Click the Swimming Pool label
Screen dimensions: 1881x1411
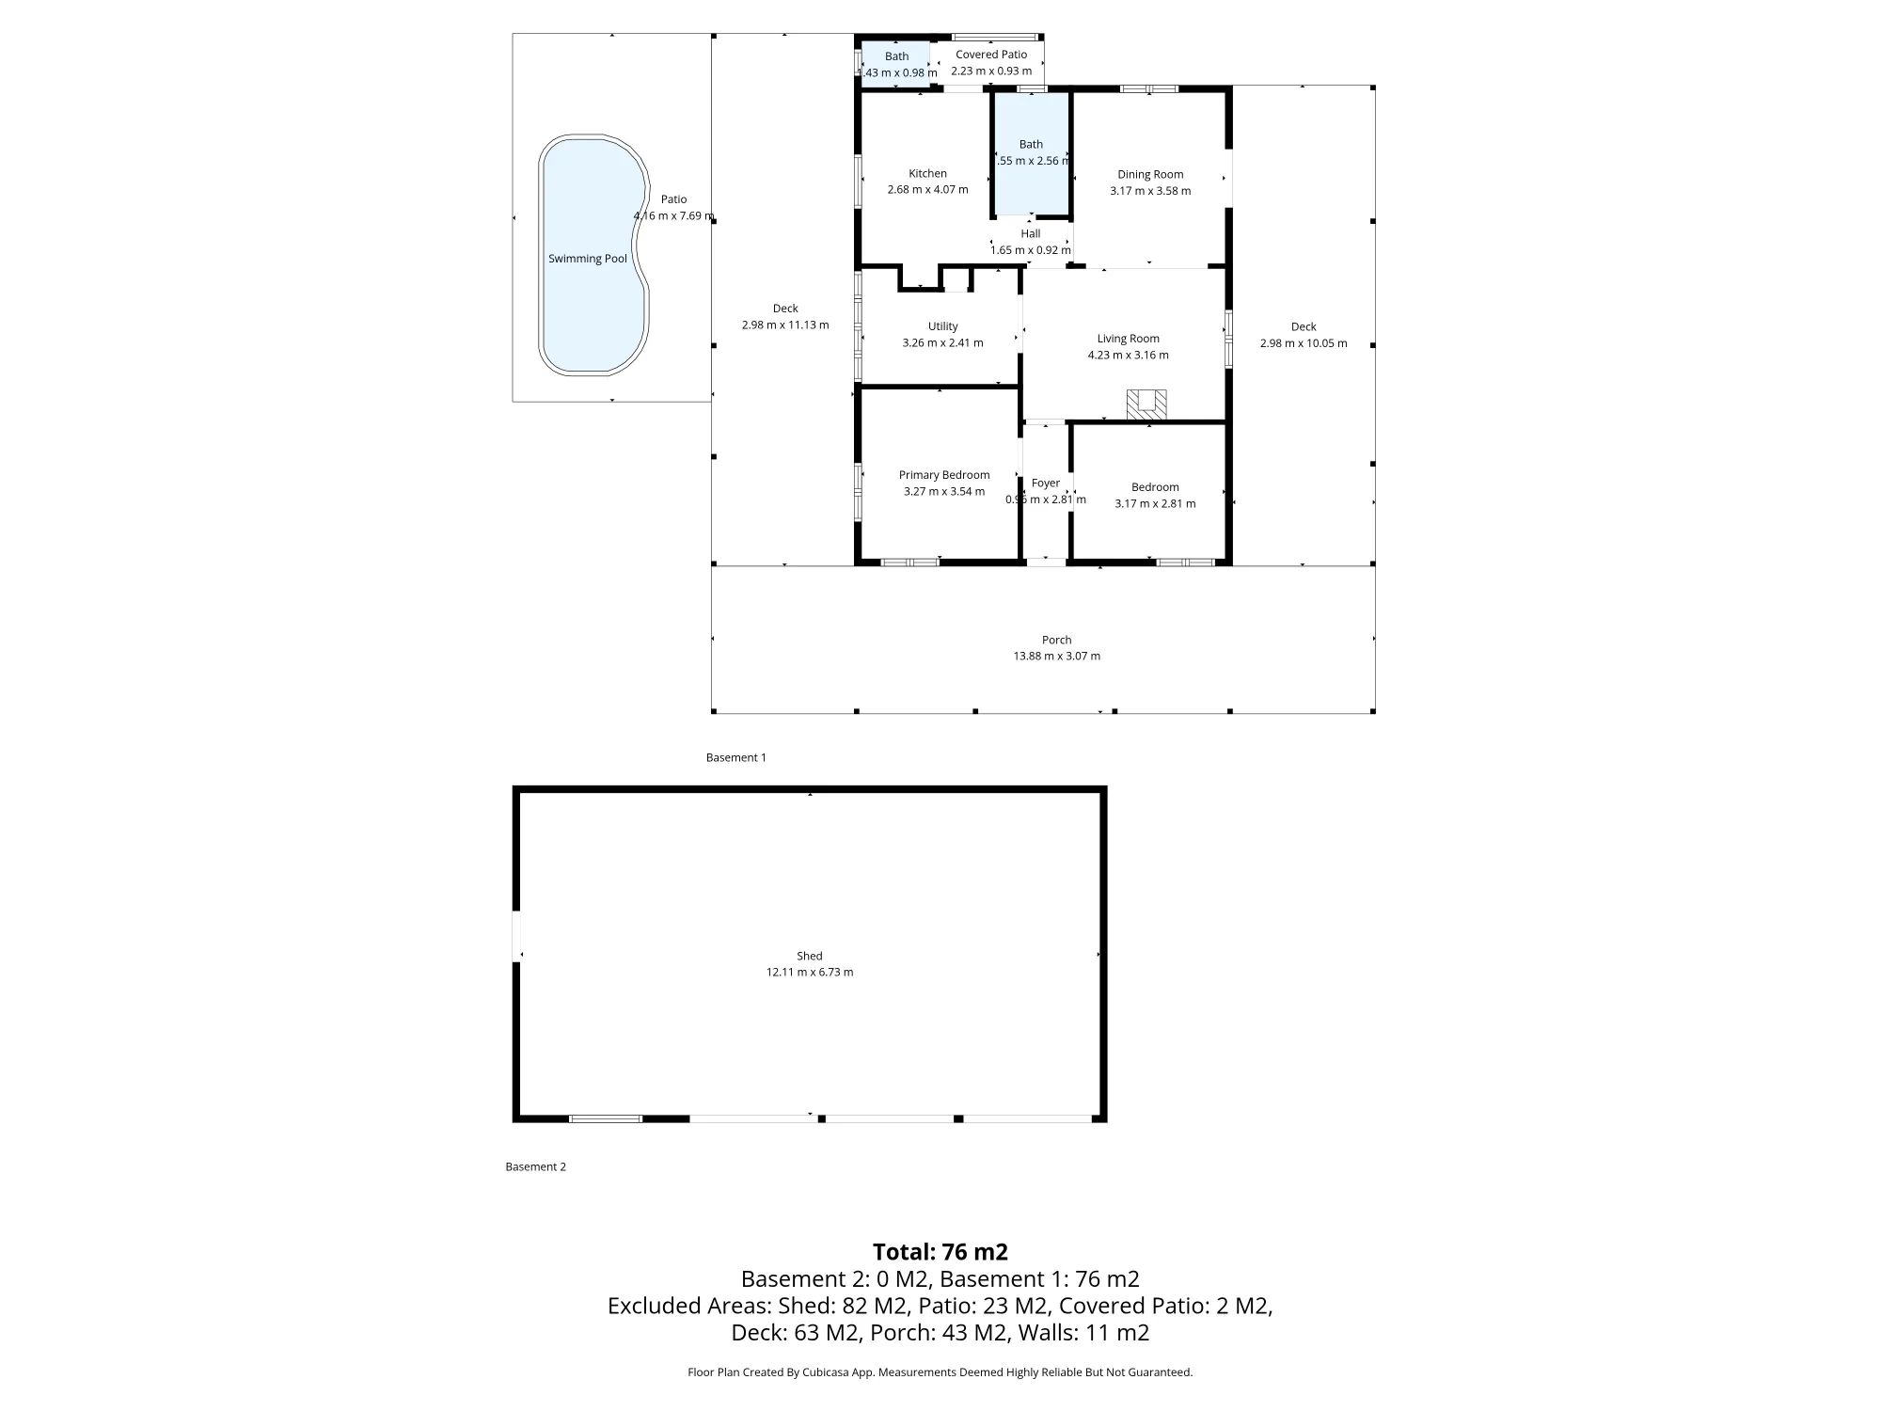point(588,259)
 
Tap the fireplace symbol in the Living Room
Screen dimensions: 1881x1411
point(1146,404)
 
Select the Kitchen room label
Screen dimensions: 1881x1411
point(927,173)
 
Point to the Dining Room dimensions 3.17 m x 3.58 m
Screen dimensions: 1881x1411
point(1150,191)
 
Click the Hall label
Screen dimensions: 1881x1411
point(1031,233)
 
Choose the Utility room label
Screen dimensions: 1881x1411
point(943,326)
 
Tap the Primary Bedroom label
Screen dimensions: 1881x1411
point(944,475)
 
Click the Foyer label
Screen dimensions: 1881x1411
point(1046,483)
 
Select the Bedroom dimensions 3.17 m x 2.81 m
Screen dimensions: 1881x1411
point(1155,503)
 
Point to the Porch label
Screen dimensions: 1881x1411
point(1057,640)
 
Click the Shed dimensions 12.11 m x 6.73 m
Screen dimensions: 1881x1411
point(810,972)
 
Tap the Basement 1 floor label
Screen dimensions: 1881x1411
point(736,757)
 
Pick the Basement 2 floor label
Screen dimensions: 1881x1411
point(536,1166)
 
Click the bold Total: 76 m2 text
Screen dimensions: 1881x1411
point(940,1252)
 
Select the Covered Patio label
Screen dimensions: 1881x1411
point(991,55)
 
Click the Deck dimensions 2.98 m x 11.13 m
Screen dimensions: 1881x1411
point(785,325)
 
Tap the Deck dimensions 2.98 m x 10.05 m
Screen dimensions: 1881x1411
point(1304,343)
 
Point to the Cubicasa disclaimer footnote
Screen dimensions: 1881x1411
point(940,1372)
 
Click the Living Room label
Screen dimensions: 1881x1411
point(1129,339)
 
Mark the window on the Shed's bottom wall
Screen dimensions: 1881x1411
point(606,1118)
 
